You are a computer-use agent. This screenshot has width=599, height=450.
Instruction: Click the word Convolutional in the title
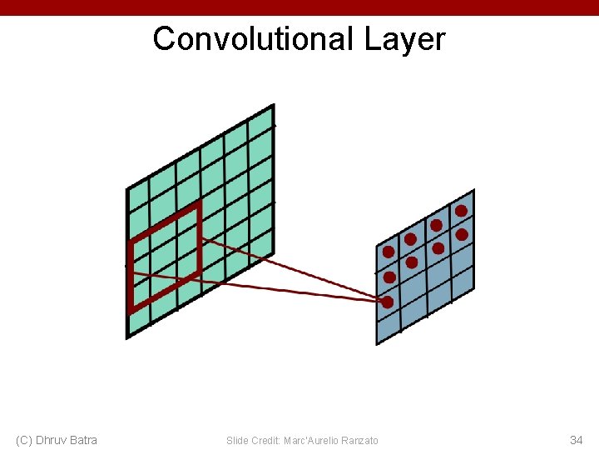click(x=254, y=39)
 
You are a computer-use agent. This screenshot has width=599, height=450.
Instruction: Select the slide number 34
click(x=576, y=440)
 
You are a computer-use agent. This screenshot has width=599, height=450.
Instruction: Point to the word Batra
click(x=83, y=440)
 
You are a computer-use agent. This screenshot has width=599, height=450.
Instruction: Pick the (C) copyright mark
click(x=24, y=440)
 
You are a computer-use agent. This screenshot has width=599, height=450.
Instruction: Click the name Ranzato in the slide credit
click(x=358, y=440)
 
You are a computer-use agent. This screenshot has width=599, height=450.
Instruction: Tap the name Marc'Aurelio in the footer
click(x=309, y=440)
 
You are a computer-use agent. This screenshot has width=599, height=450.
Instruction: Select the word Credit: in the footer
click(x=265, y=440)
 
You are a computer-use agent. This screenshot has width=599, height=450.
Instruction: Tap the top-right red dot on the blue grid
click(x=461, y=211)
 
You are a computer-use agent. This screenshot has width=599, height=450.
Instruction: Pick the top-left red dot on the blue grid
click(x=389, y=252)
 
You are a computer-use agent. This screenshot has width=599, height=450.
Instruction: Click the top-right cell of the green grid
click(x=260, y=126)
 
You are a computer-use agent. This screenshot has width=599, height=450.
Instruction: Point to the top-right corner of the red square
click(x=199, y=204)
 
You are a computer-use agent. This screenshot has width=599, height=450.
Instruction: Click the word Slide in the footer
click(x=236, y=440)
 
